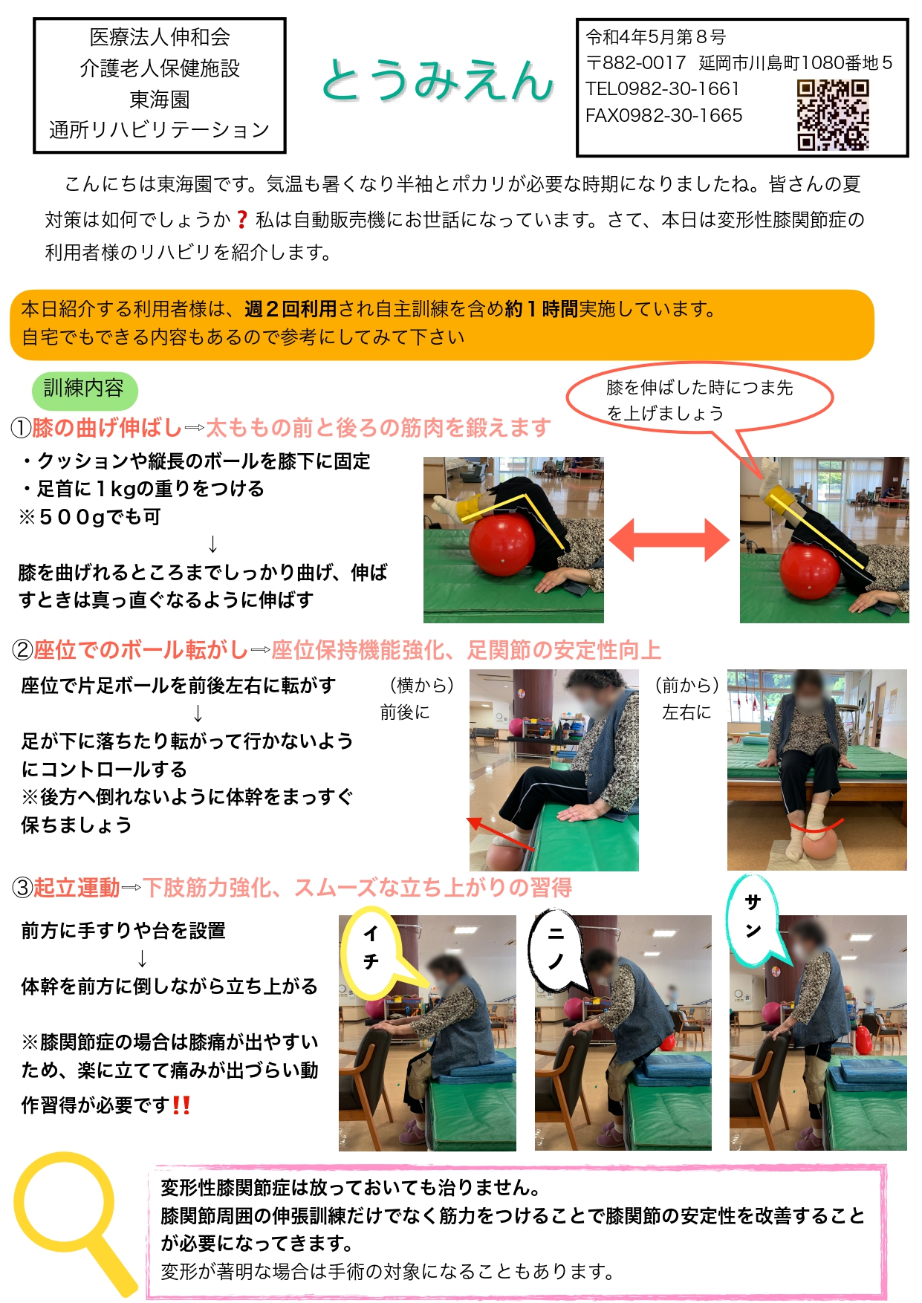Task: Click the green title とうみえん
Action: (x=438, y=79)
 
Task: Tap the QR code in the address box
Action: (x=833, y=115)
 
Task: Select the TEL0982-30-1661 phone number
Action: (x=663, y=89)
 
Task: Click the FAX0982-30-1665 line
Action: (x=664, y=116)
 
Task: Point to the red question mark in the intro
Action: (x=241, y=220)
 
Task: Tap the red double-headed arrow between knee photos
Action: (x=669, y=540)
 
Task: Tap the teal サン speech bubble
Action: (x=755, y=920)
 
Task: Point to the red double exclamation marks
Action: (x=181, y=1105)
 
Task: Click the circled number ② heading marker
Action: (x=22, y=650)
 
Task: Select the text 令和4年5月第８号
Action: (x=656, y=36)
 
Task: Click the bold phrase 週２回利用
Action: (x=290, y=309)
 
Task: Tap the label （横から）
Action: (x=421, y=685)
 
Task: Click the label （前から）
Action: (x=686, y=685)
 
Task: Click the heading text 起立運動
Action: (x=77, y=888)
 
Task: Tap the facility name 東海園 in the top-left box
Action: (x=160, y=100)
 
